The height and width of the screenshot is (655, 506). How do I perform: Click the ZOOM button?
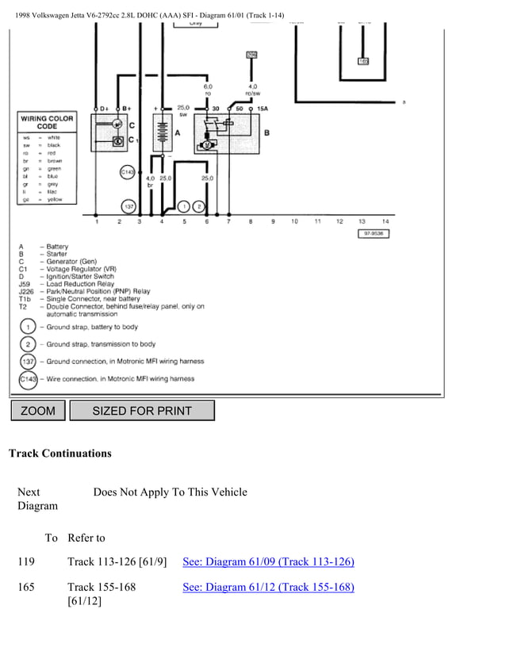point(37,410)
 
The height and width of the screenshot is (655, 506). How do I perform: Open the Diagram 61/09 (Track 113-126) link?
point(268,562)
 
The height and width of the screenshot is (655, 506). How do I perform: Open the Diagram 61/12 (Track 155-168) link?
point(268,588)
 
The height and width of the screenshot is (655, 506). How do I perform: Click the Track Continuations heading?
point(59,454)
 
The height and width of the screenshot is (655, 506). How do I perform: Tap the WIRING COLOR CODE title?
point(47,122)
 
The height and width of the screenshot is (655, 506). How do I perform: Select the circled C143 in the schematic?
point(128,171)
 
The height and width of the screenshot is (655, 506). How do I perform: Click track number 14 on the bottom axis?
point(385,221)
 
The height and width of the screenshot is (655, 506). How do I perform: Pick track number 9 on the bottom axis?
point(273,221)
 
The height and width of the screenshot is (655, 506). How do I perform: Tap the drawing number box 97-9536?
point(373,234)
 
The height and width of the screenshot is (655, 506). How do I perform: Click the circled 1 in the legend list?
point(27,327)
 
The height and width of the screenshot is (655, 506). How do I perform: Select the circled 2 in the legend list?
point(27,344)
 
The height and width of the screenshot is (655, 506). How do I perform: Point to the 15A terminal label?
point(261,108)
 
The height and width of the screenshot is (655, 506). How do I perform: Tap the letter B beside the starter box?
point(266,132)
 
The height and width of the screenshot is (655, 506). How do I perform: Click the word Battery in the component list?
point(57,247)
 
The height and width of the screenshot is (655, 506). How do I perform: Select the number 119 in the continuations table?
point(26,562)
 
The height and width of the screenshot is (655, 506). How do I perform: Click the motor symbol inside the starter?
point(207,145)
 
